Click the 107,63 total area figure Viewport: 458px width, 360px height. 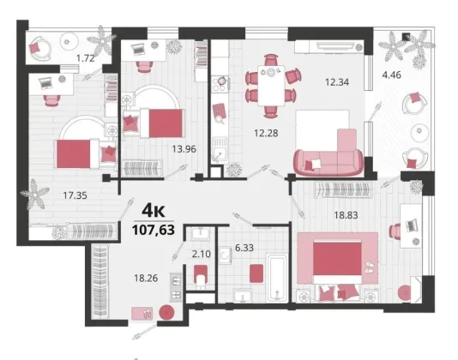coord(154,230)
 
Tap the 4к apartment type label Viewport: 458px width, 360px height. coord(154,210)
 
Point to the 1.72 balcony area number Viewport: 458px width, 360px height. coord(85,58)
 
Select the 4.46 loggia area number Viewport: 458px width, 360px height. coord(392,75)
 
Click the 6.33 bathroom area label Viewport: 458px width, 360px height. coord(244,248)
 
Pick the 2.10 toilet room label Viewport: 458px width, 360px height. coord(202,254)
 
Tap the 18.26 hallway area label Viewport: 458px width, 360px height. coord(146,278)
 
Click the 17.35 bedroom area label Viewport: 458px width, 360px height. coord(75,195)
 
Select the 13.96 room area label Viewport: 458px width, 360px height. coord(184,149)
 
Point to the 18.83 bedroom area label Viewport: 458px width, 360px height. coord(346,215)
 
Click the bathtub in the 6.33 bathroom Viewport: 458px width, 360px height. coord(276,278)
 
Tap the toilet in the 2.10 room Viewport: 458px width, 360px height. coord(201,277)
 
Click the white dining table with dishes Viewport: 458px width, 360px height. coord(271,85)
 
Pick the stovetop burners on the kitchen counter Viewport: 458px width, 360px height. coord(220,84)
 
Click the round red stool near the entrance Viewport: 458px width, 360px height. coord(166,313)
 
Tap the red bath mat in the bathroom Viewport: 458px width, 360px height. coord(256,273)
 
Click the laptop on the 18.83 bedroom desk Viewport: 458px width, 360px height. coord(412,225)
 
